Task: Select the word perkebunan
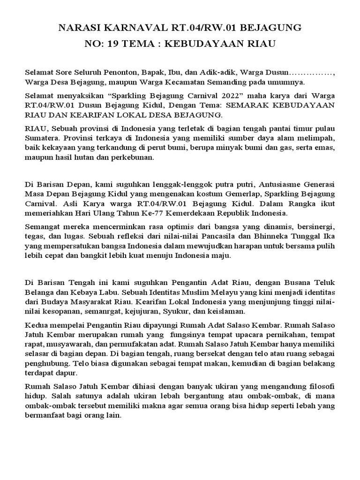[x=132, y=157]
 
